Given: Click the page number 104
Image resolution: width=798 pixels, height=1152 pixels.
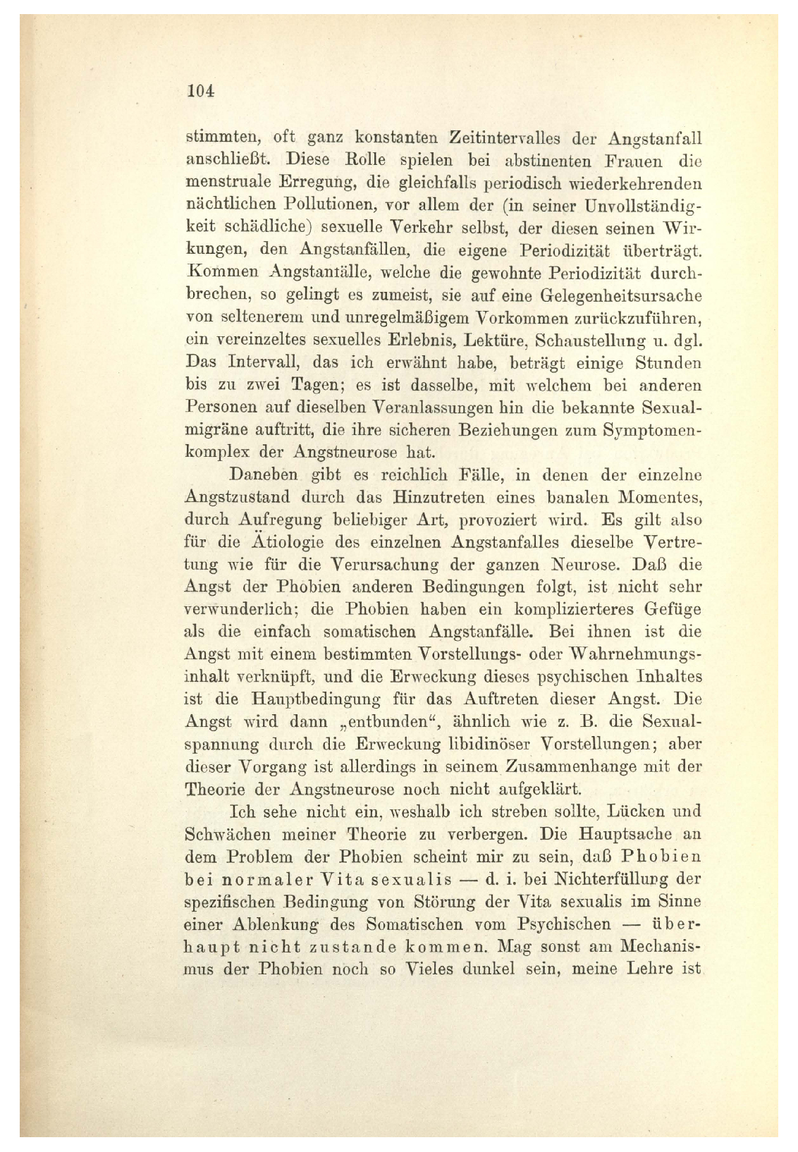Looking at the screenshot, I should [201, 91].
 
